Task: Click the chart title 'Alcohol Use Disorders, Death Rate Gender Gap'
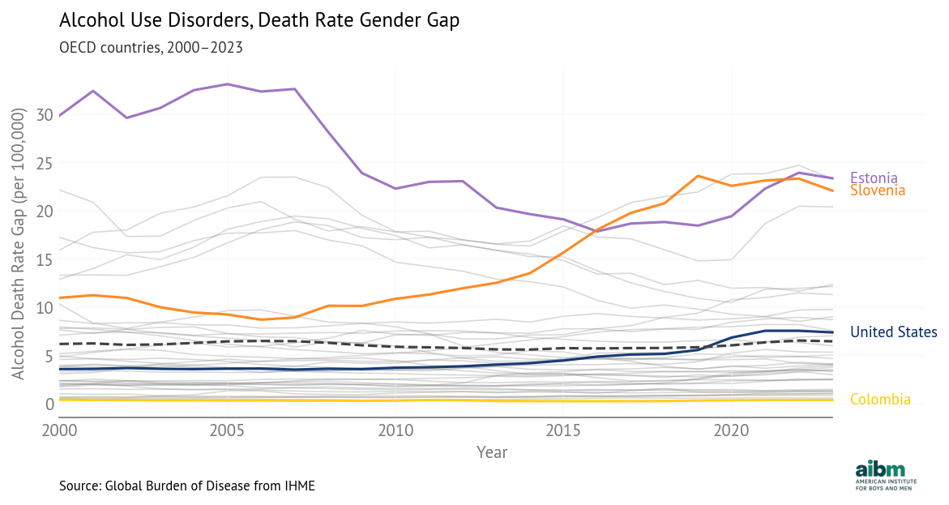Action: [259, 21]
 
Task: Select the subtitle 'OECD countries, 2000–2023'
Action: [151, 47]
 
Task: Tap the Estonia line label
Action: [874, 178]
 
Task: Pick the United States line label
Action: [893, 332]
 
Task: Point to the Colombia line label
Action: [880, 400]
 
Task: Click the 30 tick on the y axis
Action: [44, 115]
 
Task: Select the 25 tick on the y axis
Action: [44, 164]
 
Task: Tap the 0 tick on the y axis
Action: [48, 404]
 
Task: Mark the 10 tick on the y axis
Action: [44, 308]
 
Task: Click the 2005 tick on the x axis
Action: [227, 429]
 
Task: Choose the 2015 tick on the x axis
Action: [563, 429]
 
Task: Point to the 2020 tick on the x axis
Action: [732, 429]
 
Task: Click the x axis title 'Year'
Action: [492, 452]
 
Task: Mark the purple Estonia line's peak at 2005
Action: [227, 84]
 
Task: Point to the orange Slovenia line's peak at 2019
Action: [698, 176]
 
